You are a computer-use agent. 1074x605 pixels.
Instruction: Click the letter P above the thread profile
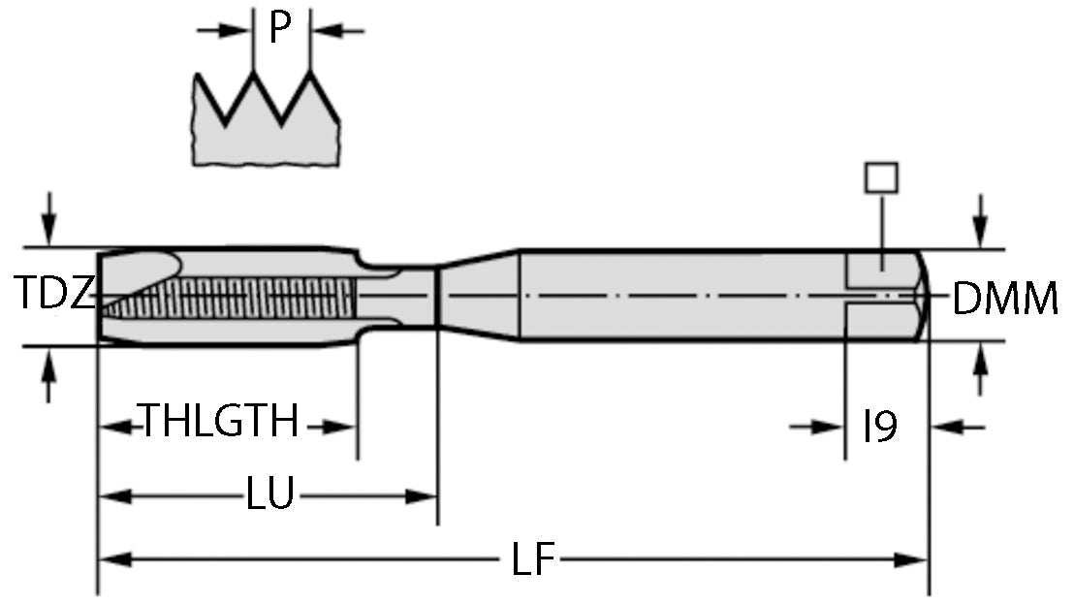tap(279, 28)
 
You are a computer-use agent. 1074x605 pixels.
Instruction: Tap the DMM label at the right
tap(1004, 301)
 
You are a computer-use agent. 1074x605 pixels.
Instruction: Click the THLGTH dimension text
tap(220, 424)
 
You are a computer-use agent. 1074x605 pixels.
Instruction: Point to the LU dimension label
tap(268, 495)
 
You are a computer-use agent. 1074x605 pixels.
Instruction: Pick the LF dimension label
tap(531, 560)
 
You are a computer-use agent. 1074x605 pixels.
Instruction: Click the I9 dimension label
tap(880, 426)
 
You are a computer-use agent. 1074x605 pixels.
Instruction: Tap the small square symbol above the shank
tap(881, 177)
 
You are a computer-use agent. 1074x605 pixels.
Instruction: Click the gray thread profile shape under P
tap(267, 136)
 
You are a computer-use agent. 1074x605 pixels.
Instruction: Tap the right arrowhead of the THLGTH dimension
tap(340, 425)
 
